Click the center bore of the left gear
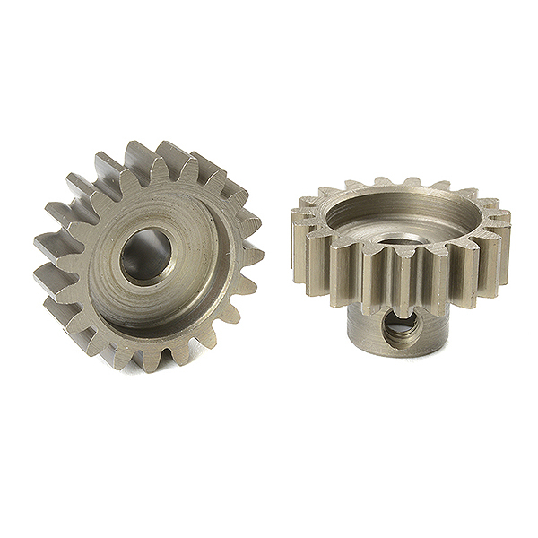pos(146,256)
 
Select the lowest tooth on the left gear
pos(148,359)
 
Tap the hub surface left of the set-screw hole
pos(363,327)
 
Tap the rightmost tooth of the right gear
pos(501,242)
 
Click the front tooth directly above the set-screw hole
pos(401,278)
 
